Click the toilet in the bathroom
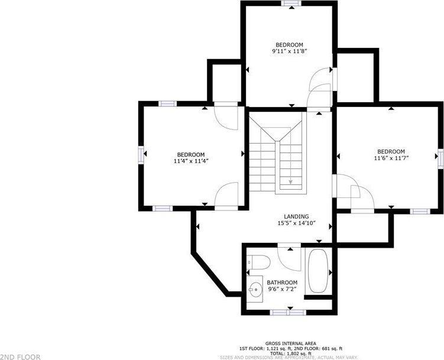pos(258,262)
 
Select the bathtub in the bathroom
pos(318,271)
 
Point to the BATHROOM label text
pos(282,283)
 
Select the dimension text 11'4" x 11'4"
pos(191,161)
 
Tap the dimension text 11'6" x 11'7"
pos(391,158)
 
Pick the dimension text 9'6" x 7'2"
pos(282,289)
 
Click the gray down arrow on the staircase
pos(290,181)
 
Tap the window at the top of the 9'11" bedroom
pos(291,3)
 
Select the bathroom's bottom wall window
pos(288,313)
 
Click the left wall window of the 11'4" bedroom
pos(141,154)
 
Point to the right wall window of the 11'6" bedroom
pos(440,160)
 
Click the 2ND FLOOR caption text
pos(20,357)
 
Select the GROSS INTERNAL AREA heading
pos(291,343)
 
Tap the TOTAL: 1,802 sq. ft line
pos(291,353)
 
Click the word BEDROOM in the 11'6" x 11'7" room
pos(391,151)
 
